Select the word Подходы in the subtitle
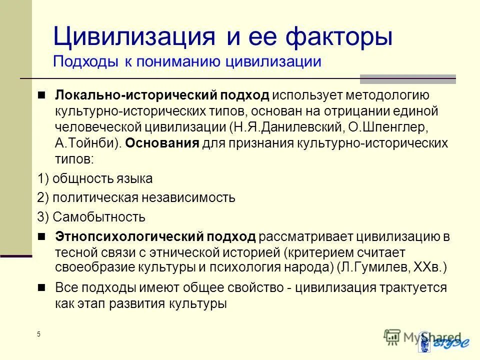pos(82,62)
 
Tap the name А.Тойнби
pos(83,143)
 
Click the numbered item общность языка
pos(102,178)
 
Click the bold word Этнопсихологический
pos(130,236)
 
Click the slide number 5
pos(38,334)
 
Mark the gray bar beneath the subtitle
pos(408,78)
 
